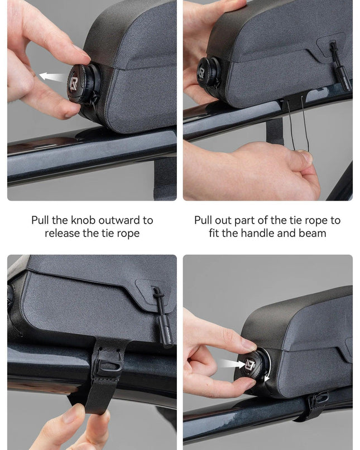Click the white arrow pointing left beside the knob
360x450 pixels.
click(53, 76)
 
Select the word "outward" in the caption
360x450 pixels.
click(119, 220)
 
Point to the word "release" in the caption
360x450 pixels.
click(63, 233)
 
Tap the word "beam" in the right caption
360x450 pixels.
click(313, 233)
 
